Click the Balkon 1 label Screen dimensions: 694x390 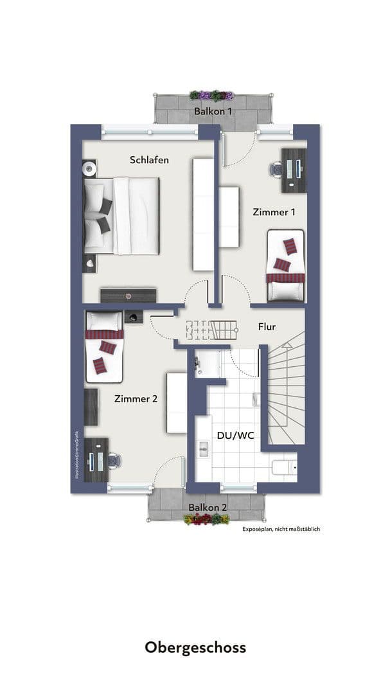pos(213,111)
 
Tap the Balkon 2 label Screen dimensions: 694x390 pos(208,506)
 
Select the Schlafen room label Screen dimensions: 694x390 pos(149,159)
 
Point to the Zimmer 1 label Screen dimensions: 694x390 pos(274,211)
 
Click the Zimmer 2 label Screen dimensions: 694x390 pos(136,398)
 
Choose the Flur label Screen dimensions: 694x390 pos(267,326)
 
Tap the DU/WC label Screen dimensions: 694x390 pos(235,435)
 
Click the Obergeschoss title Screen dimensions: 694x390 pos(195,646)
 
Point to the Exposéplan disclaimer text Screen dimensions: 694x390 pos(281,529)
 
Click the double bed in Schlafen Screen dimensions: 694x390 pos(122,215)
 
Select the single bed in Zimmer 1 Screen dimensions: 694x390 pos(286,265)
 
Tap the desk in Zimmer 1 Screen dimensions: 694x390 pos(294,169)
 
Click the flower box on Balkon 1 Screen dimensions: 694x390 pos(211,95)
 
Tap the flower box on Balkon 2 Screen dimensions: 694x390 pos(206,519)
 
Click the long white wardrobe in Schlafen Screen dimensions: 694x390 pos(202,215)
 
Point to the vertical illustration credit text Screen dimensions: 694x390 pos(75,453)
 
